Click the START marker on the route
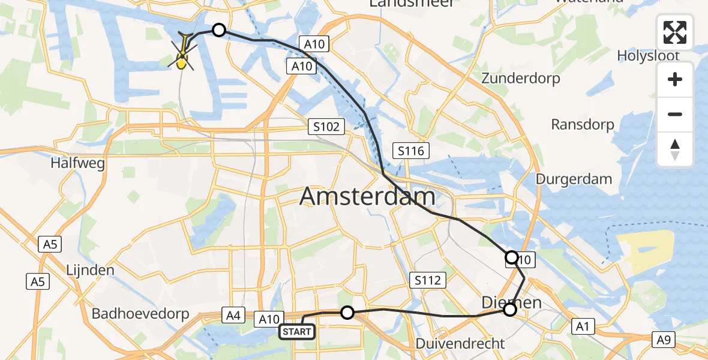[x=297, y=332]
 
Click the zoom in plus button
[x=675, y=80]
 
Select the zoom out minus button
[x=675, y=114]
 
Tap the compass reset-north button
[x=675, y=149]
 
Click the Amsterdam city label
[x=367, y=197]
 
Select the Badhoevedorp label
[x=140, y=314]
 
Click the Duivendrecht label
[x=460, y=344]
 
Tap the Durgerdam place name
[x=574, y=179]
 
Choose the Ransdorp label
[x=583, y=125]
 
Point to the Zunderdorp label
[x=521, y=79]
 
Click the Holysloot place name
[x=648, y=56]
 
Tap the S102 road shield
[x=327, y=127]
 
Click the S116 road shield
[x=411, y=151]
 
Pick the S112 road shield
[x=428, y=280]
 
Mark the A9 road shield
[x=663, y=340]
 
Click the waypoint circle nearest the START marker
[x=347, y=312]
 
